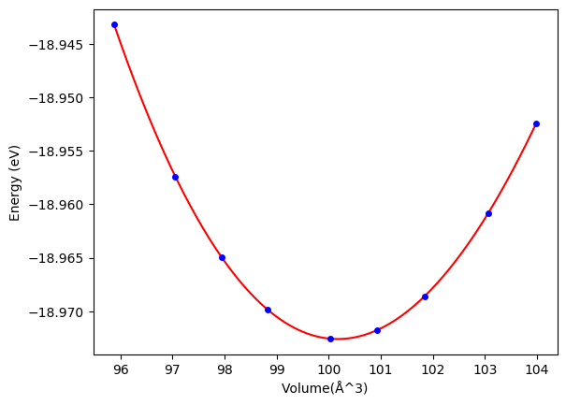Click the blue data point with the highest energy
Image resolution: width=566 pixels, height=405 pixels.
[114, 24]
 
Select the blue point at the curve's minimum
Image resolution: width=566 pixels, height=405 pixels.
[330, 339]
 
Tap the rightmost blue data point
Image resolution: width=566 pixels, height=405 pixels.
[536, 123]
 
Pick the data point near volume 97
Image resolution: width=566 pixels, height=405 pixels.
[175, 177]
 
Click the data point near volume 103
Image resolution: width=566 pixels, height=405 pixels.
[488, 213]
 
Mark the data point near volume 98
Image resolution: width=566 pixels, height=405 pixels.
[222, 257]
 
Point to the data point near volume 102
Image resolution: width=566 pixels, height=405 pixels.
[425, 297]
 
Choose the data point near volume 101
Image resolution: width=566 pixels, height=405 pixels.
[377, 330]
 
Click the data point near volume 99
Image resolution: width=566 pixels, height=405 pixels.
[268, 310]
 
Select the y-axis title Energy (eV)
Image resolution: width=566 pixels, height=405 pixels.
[14, 181]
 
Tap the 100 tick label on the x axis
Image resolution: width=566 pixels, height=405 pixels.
[328, 369]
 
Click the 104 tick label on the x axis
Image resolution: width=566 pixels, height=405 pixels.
[537, 369]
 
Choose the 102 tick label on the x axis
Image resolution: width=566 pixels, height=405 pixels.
[432, 369]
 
